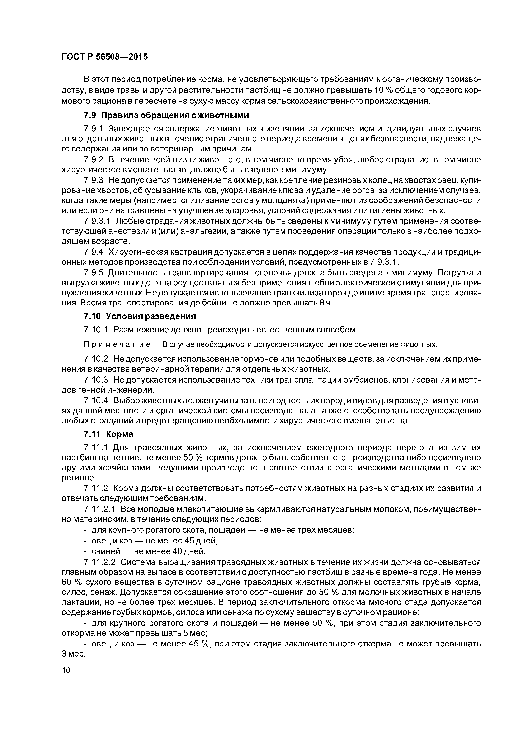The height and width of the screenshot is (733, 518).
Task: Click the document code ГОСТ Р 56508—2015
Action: pyautogui.click(x=105, y=57)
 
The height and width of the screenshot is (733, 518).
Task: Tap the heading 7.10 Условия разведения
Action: pyautogui.click(x=140, y=316)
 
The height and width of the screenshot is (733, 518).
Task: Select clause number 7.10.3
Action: pyautogui.click(x=96, y=380)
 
